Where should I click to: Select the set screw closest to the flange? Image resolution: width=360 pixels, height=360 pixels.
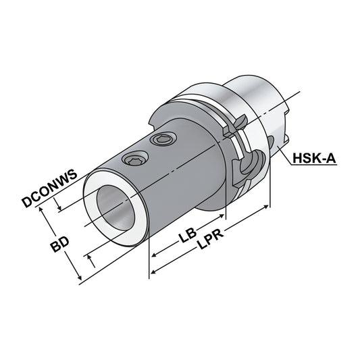162,140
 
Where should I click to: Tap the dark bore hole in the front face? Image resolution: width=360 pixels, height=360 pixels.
111,209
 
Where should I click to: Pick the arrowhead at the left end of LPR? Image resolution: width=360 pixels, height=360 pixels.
153,272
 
